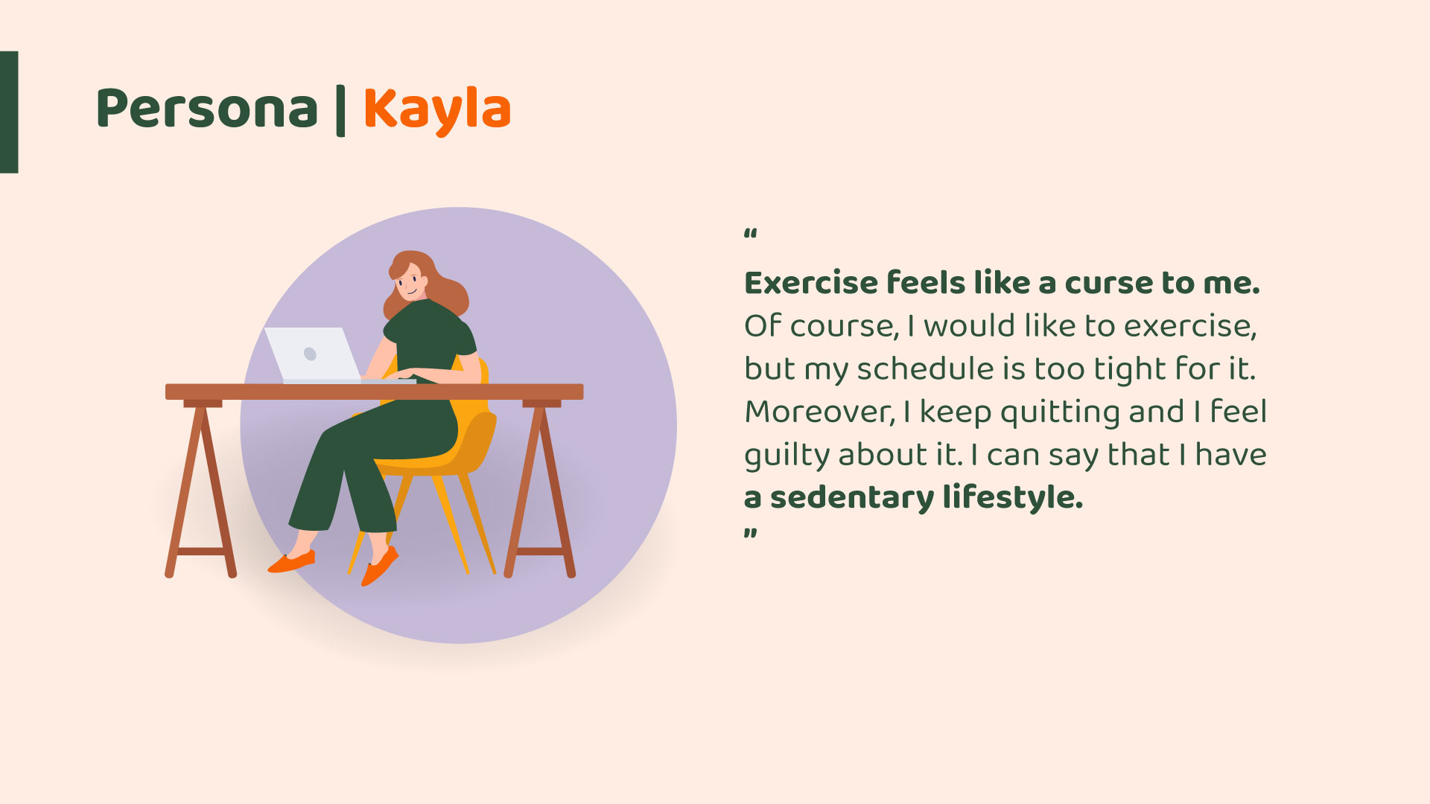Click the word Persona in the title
tap(207, 109)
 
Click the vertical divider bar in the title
tap(340, 111)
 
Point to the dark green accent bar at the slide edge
tap(9, 112)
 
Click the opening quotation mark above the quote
tap(751, 234)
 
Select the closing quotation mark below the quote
tap(751, 533)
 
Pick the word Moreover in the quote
tap(819, 412)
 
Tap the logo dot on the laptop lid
tap(311, 354)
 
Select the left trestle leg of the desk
tap(200, 488)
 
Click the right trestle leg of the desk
tap(541, 488)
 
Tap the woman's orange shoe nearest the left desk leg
tap(292, 562)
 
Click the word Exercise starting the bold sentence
tap(812, 284)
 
